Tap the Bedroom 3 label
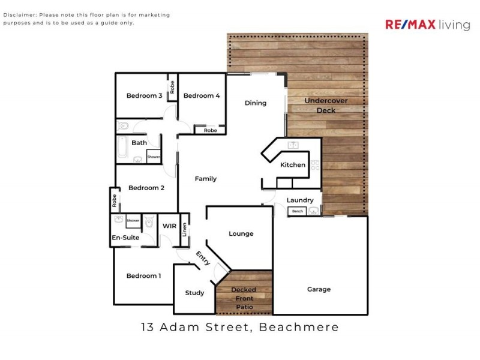(x=144, y=96)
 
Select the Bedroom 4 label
(x=202, y=96)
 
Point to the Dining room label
(x=256, y=103)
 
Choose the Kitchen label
(x=293, y=165)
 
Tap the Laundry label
(x=300, y=200)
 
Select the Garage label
(x=319, y=289)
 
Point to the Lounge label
(x=241, y=234)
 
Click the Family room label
(x=206, y=179)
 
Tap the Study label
(x=194, y=293)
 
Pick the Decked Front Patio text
(x=244, y=298)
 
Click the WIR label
(x=170, y=226)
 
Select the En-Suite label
(x=126, y=238)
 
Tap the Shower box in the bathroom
(x=154, y=157)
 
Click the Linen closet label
(x=184, y=229)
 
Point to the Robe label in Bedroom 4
(x=210, y=130)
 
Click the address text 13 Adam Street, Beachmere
(x=240, y=328)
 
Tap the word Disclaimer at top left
(x=20, y=15)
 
